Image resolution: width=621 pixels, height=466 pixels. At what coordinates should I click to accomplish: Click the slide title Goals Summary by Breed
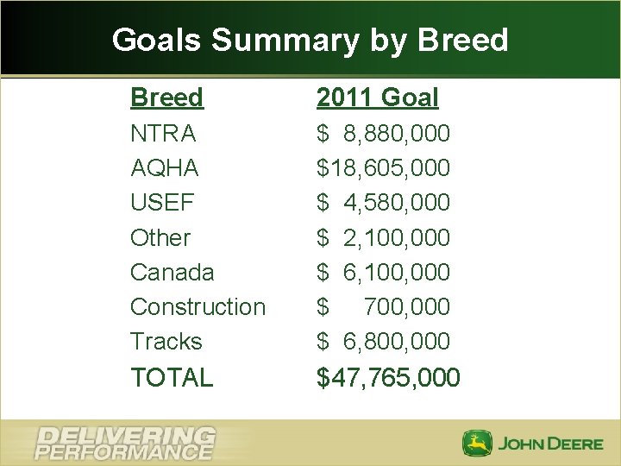pos(310,40)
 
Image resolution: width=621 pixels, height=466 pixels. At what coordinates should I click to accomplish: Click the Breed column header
pos(166,98)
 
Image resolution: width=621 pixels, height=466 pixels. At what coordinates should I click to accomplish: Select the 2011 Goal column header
pos(377,98)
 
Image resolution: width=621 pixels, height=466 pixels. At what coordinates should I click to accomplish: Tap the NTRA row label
pos(163,134)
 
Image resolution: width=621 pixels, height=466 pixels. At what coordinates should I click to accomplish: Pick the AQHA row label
pos(164,167)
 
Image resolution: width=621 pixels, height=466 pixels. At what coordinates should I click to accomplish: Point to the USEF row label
pos(162,203)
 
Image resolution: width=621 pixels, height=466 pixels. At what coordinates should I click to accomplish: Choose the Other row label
pos(160,237)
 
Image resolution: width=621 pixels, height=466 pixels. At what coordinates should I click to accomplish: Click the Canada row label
pos(172,272)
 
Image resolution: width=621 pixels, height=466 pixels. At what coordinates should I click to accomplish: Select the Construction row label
pos(198,306)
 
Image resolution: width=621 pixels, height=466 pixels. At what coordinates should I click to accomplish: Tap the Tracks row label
pos(166,341)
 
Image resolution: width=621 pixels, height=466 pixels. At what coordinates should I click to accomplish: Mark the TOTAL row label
pos(171,377)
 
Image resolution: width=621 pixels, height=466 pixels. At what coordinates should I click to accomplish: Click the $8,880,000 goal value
pos(383,134)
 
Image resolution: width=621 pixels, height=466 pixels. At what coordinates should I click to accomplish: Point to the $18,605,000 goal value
pos(383,167)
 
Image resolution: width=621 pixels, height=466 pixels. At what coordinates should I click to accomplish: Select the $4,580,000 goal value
pos(383,203)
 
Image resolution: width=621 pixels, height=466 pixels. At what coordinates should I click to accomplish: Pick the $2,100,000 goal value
pos(383,237)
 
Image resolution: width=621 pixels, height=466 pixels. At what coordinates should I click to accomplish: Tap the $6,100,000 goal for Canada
pos(383,272)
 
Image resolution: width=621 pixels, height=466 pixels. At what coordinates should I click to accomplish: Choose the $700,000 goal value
pos(383,306)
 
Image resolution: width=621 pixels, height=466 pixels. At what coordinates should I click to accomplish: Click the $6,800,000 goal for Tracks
pos(383,341)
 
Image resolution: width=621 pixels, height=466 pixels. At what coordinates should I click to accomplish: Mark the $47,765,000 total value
pos(388,377)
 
